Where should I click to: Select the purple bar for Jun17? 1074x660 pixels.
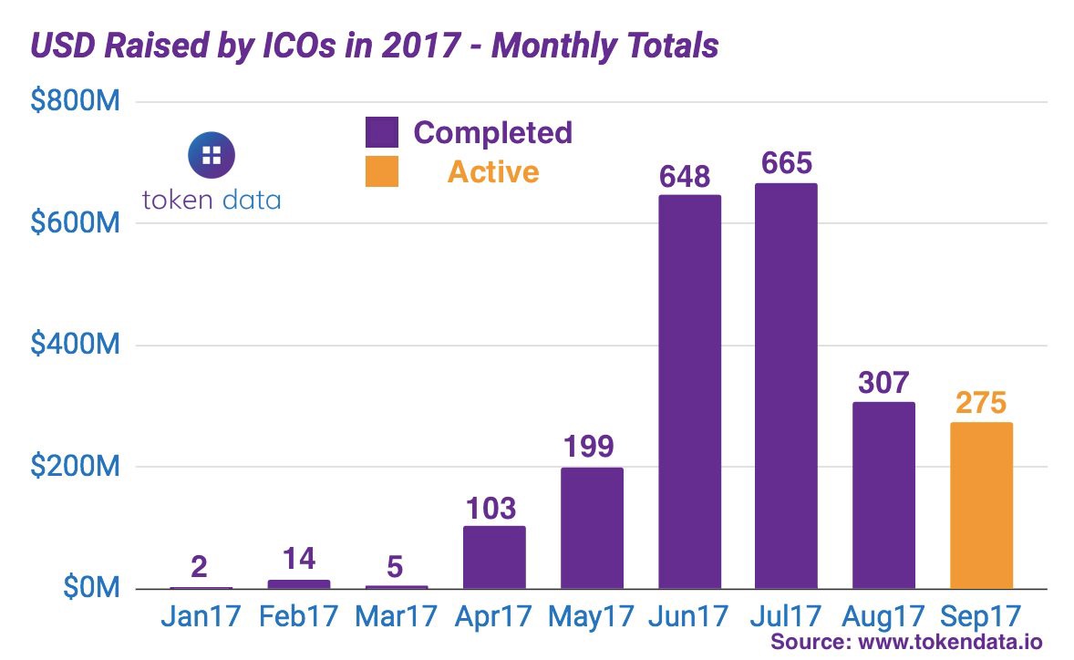tap(689, 392)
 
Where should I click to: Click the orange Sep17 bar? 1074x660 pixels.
tap(981, 506)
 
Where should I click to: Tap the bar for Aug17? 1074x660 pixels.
tap(883, 496)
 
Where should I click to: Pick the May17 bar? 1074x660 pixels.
tap(592, 529)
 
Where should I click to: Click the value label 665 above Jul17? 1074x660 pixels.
tap(786, 164)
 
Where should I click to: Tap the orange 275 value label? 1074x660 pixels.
tap(981, 404)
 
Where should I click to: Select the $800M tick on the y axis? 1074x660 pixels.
tap(76, 102)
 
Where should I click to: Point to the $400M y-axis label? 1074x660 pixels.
tap(76, 345)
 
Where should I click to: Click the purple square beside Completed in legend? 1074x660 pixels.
tap(382, 132)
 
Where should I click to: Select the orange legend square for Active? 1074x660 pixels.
tap(382, 171)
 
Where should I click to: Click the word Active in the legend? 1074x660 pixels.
tap(492, 171)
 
